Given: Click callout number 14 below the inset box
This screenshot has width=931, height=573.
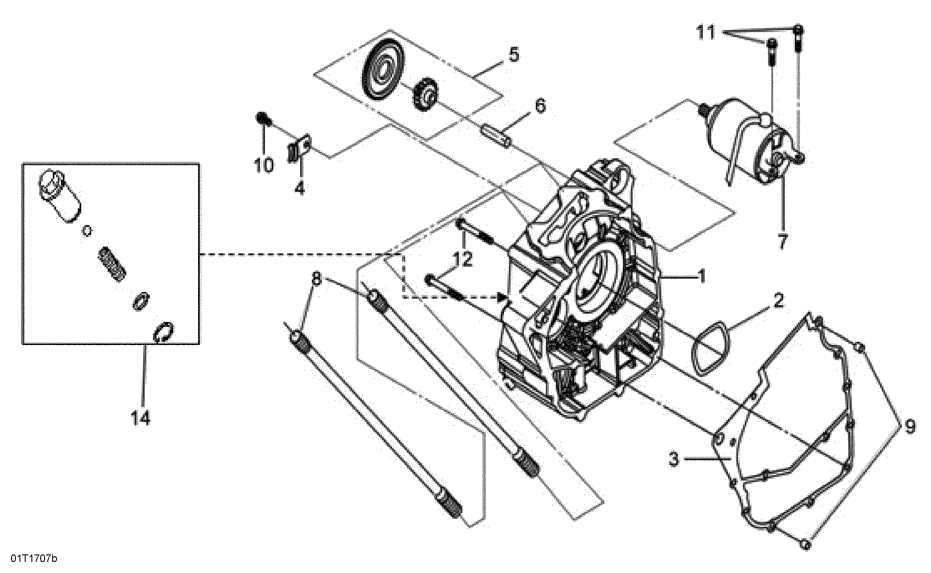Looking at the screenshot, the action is [141, 417].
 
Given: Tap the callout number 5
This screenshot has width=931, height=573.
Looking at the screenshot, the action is [514, 55].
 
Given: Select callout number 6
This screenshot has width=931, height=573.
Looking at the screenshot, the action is [540, 106].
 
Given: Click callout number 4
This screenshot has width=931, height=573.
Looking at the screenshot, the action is [299, 188].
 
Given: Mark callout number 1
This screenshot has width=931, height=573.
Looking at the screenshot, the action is [702, 277].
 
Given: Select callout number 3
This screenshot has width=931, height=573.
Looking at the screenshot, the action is [673, 460].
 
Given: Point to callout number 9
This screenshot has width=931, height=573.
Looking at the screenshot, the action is [910, 427].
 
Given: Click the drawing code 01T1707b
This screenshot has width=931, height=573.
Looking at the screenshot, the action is [34, 559].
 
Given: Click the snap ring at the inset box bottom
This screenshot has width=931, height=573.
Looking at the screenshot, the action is [164, 332].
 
